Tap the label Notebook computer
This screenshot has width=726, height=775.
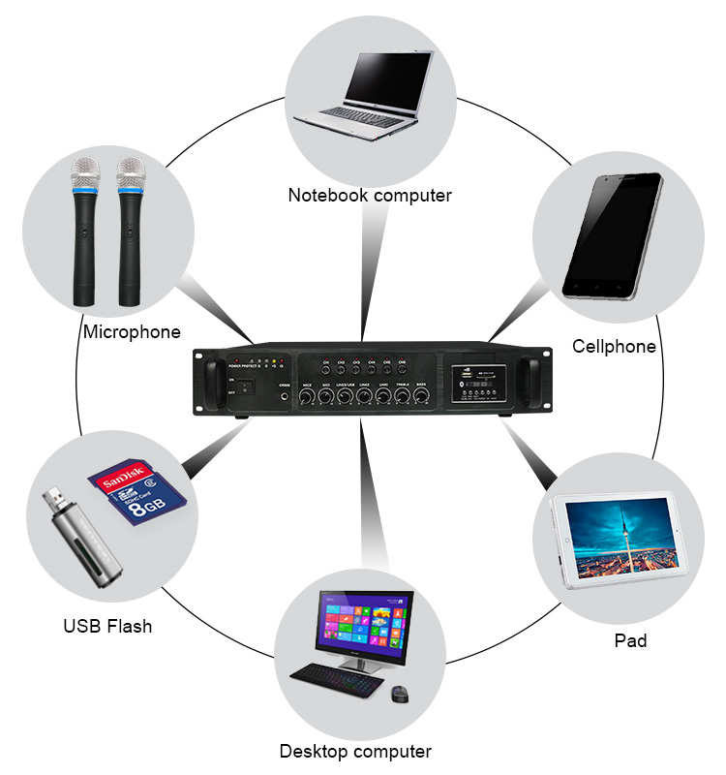pyautogui.click(x=370, y=196)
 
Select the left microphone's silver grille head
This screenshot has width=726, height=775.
pyautogui.click(x=85, y=174)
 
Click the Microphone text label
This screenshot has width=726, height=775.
pyautogui.click(x=132, y=332)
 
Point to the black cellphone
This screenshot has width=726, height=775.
pyautogui.click(x=612, y=235)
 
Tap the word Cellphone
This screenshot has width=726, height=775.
pyautogui.click(x=614, y=347)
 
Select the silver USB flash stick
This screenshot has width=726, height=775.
pyautogui.click(x=81, y=538)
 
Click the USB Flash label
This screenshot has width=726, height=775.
pyautogui.click(x=107, y=626)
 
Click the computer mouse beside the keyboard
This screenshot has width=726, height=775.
pyautogui.click(x=400, y=694)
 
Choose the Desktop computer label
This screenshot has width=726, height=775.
pyautogui.click(x=355, y=751)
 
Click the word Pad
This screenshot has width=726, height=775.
pyautogui.click(x=630, y=640)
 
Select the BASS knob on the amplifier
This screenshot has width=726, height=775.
pyautogui.click(x=422, y=396)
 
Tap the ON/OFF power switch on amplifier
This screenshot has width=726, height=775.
pyautogui.click(x=242, y=388)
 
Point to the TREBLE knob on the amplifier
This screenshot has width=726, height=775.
pyautogui.click(x=403, y=396)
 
